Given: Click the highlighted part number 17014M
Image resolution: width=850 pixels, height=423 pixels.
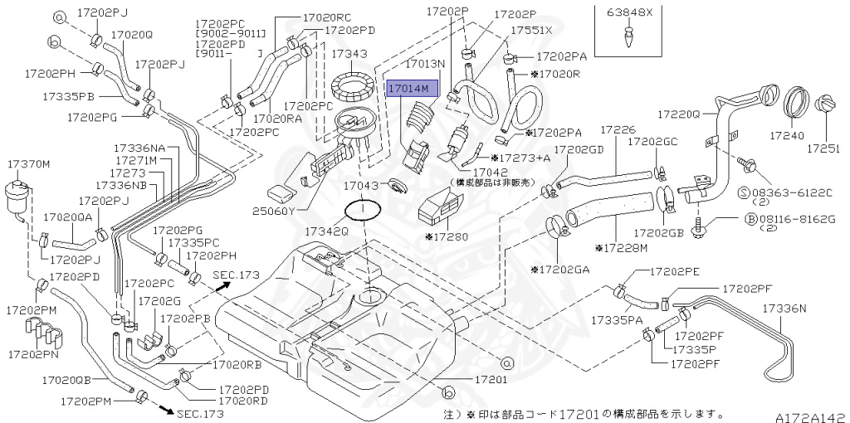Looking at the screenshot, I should click(x=408, y=87).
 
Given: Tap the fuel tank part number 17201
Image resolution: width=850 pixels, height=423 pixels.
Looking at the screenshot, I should click(x=490, y=379).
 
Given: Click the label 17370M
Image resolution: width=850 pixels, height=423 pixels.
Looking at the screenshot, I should click(x=28, y=164).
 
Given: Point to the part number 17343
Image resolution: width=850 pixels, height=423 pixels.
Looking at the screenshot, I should click(x=349, y=54).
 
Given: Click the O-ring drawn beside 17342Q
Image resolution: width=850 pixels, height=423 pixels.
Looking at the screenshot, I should click(x=363, y=208).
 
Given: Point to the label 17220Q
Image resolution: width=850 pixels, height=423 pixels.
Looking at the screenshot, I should click(x=678, y=113).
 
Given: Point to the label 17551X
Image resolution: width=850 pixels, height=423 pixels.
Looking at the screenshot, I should click(x=531, y=30).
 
